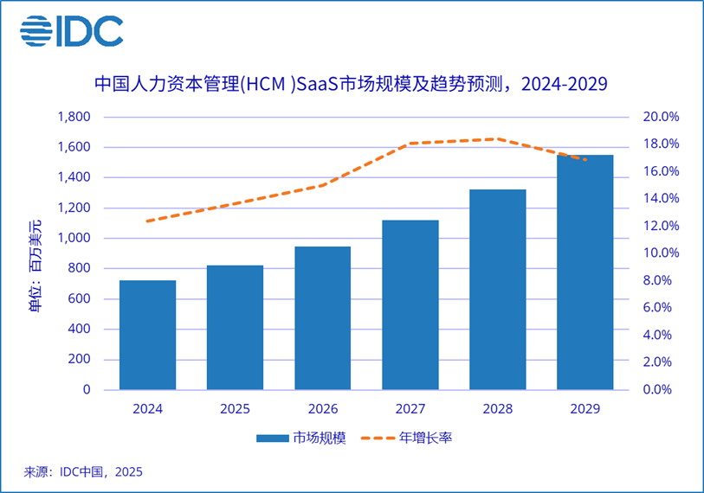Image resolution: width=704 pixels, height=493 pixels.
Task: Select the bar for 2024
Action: [147, 335]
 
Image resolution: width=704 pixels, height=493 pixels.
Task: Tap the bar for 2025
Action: [235, 327]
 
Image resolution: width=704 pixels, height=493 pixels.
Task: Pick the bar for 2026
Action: [322, 317]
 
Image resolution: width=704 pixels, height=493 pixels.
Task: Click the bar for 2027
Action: [410, 304]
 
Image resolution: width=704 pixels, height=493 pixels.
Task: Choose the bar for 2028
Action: [497, 289]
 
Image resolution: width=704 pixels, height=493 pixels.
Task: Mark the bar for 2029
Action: [585, 272]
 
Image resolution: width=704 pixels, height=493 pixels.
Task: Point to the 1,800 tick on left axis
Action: [74, 117]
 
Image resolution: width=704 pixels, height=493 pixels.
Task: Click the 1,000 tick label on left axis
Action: [74, 239]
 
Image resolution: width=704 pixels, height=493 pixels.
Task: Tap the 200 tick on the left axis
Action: [79, 360]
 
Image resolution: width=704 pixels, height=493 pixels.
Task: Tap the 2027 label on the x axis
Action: [410, 408]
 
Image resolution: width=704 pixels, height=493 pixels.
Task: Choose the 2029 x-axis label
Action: [585, 408]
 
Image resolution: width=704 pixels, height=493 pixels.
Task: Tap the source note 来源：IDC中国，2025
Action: [83, 472]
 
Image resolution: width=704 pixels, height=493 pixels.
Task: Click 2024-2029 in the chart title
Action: [564, 85]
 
